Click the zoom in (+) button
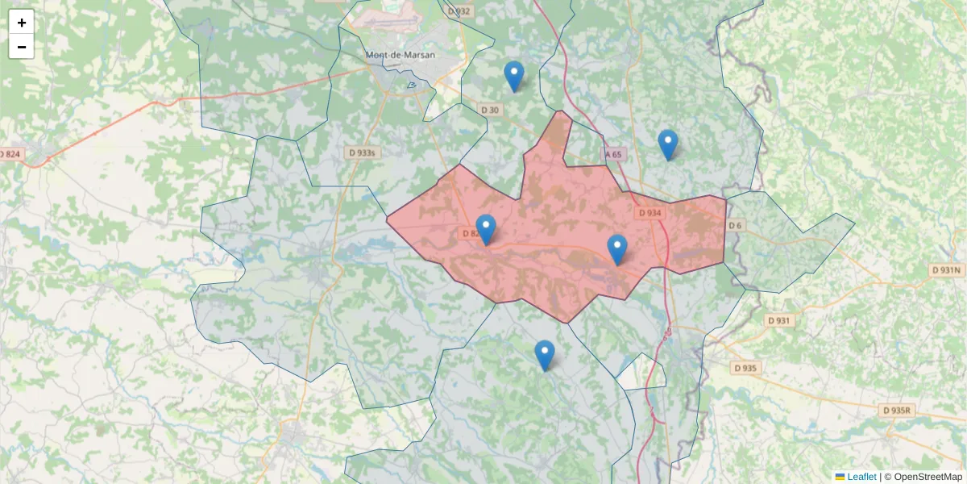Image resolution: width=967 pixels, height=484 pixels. pyautogui.click(x=22, y=23)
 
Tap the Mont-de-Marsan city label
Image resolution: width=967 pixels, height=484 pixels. pyautogui.click(x=400, y=55)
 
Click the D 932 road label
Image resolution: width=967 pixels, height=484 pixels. pyautogui.click(x=458, y=11)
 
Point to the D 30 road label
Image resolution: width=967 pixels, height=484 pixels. pyautogui.click(x=490, y=110)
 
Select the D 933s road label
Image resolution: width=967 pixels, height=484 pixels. pyautogui.click(x=362, y=152)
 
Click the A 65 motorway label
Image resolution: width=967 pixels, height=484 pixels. pyautogui.click(x=613, y=154)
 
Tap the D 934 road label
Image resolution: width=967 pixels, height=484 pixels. pyautogui.click(x=649, y=213)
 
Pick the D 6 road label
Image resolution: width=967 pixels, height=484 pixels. pyautogui.click(x=734, y=225)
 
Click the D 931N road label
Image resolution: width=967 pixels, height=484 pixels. pyautogui.click(x=946, y=270)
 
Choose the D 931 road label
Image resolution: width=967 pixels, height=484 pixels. pyautogui.click(x=779, y=320)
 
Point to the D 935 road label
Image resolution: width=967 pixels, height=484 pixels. pyautogui.click(x=746, y=368)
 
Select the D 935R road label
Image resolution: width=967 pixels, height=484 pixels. pyautogui.click(x=897, y=410)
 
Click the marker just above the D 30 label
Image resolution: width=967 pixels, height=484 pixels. pyautogui.click(x=513, y=77)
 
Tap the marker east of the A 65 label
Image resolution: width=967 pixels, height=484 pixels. pyautogui.click(x=667, y=145)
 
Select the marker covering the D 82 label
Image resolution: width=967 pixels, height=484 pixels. pyautogui.click(x=485, y=230)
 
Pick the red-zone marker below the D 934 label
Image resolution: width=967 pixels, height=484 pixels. pyautogui.click(x=616, y=250)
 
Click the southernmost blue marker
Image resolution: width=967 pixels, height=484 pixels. pyautogui.click(x=545, y=356)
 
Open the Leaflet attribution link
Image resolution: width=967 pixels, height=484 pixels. pyautogui.click(x=861, y=477)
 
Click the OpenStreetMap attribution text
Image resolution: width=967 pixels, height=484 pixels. pyautogui.click(x=928, y=477)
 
